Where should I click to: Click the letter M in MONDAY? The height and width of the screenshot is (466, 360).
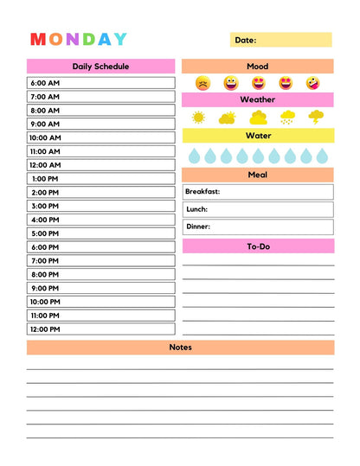(38, 40)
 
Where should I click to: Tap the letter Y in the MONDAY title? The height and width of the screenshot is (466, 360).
(119, 40)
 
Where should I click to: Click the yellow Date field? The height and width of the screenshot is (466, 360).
(280, 40)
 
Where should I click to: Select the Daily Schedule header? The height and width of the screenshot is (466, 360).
(100, 67)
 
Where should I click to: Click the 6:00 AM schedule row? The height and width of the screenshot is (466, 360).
(100, 83)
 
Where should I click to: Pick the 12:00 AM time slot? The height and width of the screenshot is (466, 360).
(100, 165)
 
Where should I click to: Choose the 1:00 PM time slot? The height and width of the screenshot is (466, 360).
(100, 179)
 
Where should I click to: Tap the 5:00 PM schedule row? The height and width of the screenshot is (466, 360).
(100, 233)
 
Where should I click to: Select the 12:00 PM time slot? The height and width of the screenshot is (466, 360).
(100, 329)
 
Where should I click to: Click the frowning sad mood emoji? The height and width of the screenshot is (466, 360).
(202, 84)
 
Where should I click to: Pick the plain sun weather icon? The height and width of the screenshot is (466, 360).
(198, 118)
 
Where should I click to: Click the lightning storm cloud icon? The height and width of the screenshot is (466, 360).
(317, 117)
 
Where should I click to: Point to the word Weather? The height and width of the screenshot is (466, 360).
(257, 100)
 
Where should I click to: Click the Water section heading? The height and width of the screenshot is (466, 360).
(257, 136)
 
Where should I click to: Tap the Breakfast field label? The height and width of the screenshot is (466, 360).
(202, 192)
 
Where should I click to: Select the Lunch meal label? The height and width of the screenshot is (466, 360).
(196, 209)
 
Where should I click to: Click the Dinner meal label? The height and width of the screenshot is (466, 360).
(198, 227)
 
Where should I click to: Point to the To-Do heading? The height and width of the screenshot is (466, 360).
(258, 247)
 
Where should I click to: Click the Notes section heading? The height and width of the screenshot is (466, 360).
(180, 348)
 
